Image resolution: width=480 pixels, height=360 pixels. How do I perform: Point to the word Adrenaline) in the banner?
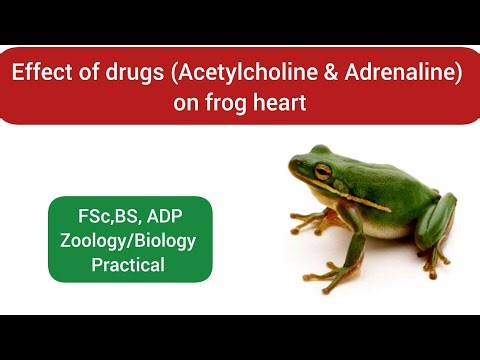pyautogui.click(x=396, y=74)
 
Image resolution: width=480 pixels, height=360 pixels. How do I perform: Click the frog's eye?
pyautogui.click(x=323, y=170)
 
